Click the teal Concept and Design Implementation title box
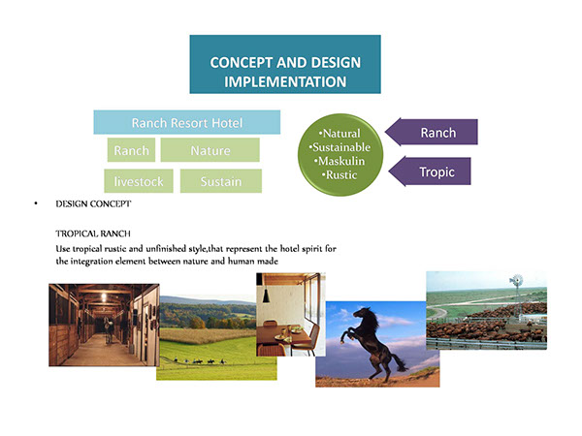[285, 64]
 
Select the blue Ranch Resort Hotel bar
[186, 122]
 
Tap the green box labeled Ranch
[131, 150]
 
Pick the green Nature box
[210, 150]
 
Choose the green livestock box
[139, 181]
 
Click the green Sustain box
[221, 181]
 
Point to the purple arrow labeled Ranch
[432, 132]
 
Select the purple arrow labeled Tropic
[430, 171]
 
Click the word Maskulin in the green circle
[341, 161]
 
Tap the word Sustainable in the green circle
[341, 147]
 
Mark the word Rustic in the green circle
[341, 174]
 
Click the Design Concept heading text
[93, 203]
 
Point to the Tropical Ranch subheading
[93, 234]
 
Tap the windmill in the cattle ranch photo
[516, 288]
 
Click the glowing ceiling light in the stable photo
[104, 296]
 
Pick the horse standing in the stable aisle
[109, 329]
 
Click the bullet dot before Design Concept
[36, 203]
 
